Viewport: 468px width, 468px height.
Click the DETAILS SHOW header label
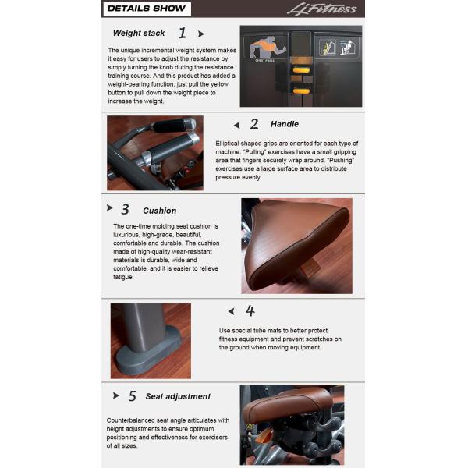[x=147, y=9]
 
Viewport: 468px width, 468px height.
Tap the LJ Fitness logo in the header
[x=321, y=9]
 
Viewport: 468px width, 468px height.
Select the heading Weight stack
[x=139, y=33]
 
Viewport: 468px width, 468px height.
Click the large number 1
[x=183, y=33]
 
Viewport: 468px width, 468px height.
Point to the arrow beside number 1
[x=201, y=34]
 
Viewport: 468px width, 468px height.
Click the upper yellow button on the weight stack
[x=301, y=70]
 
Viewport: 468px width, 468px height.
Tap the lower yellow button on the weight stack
[x=301, y=91]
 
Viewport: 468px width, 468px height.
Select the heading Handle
[x=285, y=124]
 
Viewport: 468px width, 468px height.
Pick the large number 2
[x=254, y=124]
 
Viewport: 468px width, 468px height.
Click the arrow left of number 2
[x=236, y=125]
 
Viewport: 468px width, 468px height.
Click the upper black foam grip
[x=174, y=125]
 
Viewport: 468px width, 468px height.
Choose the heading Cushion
[x=160, y=211]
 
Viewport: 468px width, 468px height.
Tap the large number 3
[x=126, y=209]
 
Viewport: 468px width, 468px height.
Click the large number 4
[x=250, y=311]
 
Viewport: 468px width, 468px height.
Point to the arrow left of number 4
[x=231, y=311]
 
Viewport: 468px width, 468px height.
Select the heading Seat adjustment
[x=178, y=396]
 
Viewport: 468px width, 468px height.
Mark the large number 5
[x=133, y=396]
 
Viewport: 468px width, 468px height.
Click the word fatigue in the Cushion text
[x=123, y=277]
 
